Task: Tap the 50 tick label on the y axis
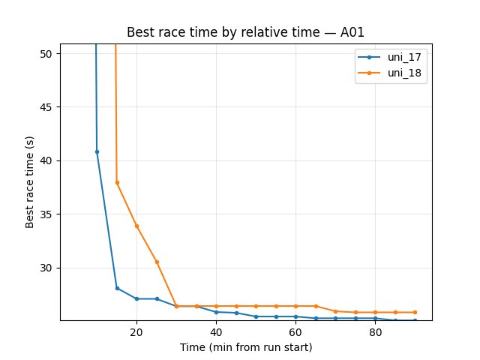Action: (47, 54)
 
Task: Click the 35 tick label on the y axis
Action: (47, 214)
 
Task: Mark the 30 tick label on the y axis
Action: (47, 268)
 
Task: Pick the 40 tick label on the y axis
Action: (47, 160)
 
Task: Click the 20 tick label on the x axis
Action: (136, 332)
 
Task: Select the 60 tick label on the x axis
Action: (295, 332)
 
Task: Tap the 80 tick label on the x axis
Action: (375, 332)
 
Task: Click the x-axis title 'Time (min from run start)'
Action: (246, 347)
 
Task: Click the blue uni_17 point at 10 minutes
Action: (97, 151)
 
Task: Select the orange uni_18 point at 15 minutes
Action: (117, 182)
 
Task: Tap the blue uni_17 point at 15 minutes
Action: (117, 288)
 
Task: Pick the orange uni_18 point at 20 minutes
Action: (136, 226)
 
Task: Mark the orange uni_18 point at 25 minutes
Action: (157, 262)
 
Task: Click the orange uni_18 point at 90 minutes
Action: (415, 312)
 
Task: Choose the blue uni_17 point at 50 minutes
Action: (256, 316)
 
